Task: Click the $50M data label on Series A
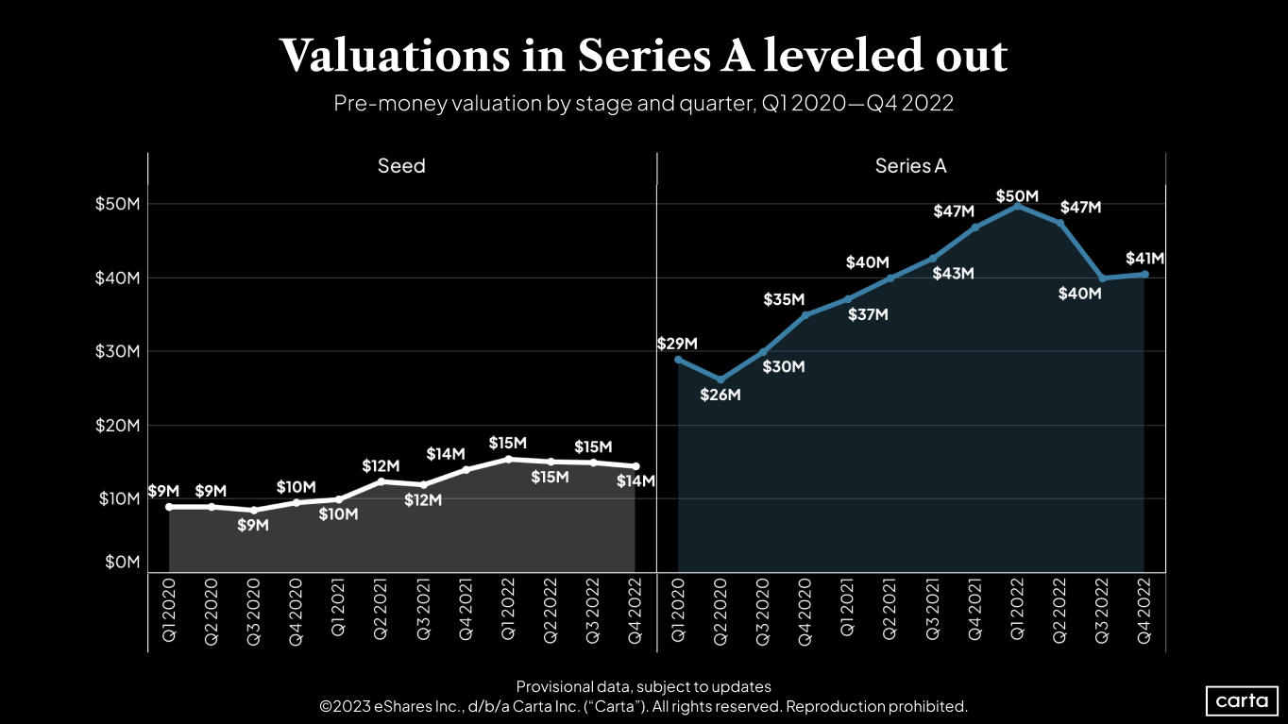pos(1017,196)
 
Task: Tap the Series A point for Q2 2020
pos(720,379)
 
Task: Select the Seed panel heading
pos(401,166)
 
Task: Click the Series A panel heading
pos(910,166)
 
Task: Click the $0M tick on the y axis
pos(121,563)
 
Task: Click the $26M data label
pos(720,396)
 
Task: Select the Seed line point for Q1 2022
pos(508,459)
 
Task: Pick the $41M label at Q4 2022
pos(1144,258)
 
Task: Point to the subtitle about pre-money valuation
pos(643,104)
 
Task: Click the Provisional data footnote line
pos(643,686)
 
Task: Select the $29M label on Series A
pos(676,344)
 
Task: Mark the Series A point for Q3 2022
pos(1102,278)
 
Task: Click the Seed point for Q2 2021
pos(381,481)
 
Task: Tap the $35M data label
pos(783,300)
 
